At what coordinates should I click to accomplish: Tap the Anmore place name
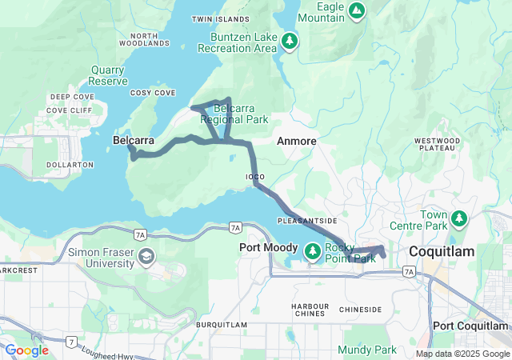tap(297, 141)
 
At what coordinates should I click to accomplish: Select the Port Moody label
tap(269, 248)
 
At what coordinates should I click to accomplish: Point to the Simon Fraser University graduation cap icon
tap(146, 256)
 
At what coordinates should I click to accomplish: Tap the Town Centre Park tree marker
tap(459, 218)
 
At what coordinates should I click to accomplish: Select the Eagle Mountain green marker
tap(358, 11)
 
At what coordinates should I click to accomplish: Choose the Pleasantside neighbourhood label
tap(307, 219)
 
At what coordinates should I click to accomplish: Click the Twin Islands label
tap(222, 18)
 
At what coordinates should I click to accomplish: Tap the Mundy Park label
tap(366, 350)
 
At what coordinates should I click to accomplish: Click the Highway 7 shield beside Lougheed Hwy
tap(71, 342)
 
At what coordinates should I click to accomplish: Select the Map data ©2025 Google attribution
tap(462, 354)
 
